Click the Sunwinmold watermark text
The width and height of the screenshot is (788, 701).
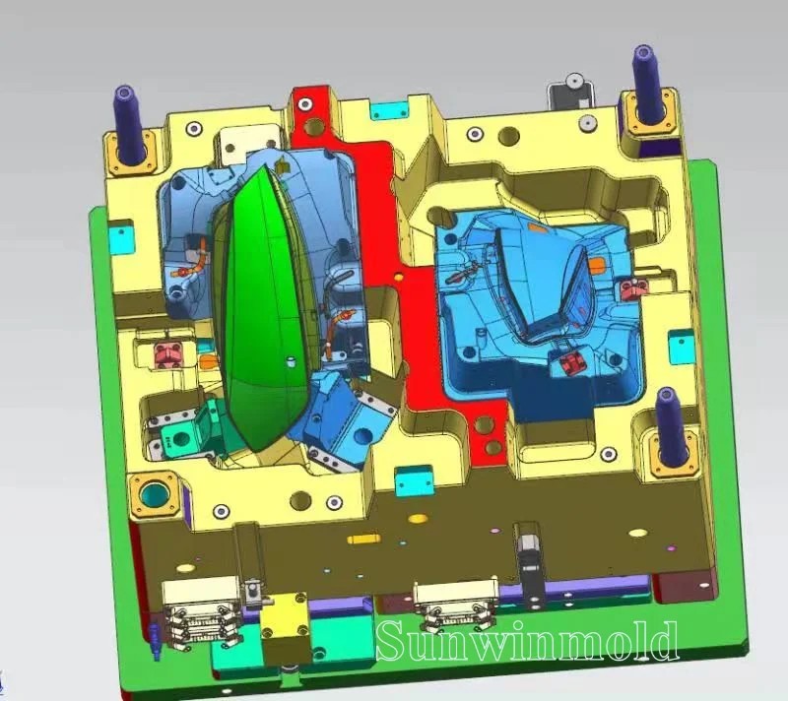coord(528,641)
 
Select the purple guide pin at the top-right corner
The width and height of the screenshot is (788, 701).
coord(647,85)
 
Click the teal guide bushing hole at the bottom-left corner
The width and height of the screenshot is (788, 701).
coord(156,495)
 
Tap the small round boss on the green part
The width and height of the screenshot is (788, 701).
coord(290,361)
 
